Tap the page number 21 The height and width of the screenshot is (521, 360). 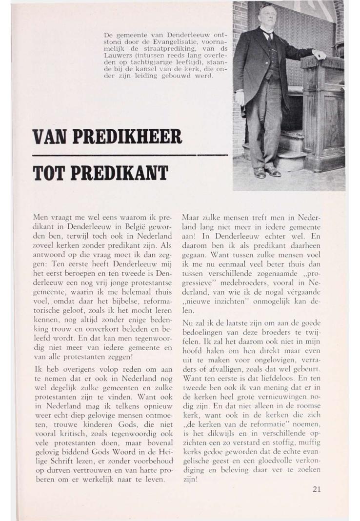[317, 490]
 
